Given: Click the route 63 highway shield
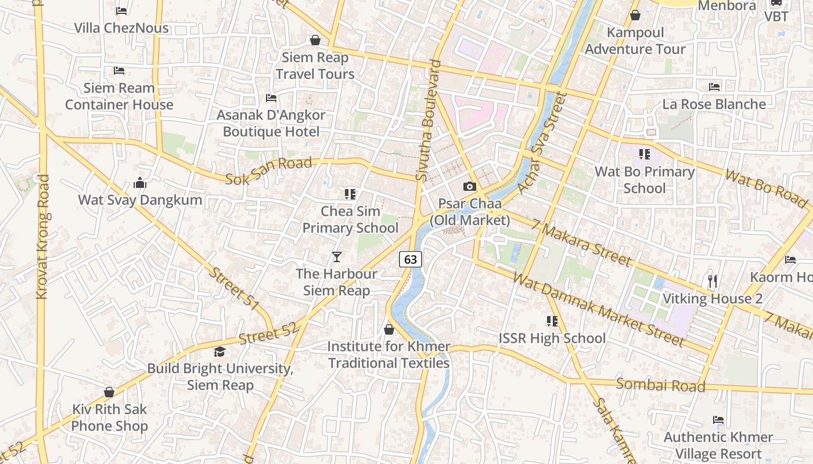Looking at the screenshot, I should coord(410,259).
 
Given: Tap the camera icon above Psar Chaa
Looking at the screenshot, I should coord(469,186).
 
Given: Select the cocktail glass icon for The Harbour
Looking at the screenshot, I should coord(337,256).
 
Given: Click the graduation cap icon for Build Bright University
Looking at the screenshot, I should coord(220,351).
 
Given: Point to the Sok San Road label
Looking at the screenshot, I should coord(268,171).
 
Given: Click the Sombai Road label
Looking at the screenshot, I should coord(660,385).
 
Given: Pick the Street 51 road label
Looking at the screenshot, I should coord(234,288).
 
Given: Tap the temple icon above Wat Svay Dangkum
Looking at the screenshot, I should coord(140,183).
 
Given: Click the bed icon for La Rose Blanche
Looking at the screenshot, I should coord(714,87).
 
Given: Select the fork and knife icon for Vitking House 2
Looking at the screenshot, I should coord(713,281).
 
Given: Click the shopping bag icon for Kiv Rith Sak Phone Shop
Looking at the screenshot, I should coord(109,392).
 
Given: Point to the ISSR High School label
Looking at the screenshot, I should coord(552,338).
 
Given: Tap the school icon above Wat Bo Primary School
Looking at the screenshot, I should coord(644,154).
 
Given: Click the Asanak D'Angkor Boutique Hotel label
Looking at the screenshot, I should coord(271,123).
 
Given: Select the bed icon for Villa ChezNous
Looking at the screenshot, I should coord(121,10).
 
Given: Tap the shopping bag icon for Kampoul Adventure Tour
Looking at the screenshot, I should coord(635,15).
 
